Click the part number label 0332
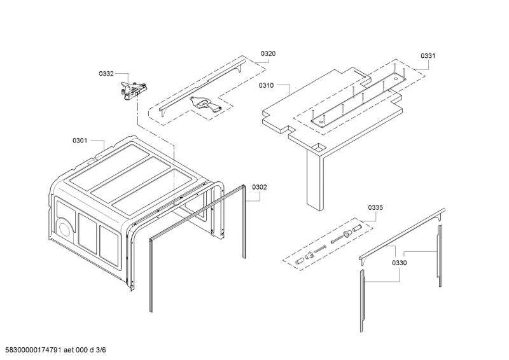coord(106,74)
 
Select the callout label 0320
coord(268,54)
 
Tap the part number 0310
coord(266,85)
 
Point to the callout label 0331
coord(428,56)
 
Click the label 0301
coord(80,140)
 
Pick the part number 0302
coord(260,187)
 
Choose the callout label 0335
coord(375,208)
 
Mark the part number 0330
coord(400,263)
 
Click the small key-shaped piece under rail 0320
coord(205,104)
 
